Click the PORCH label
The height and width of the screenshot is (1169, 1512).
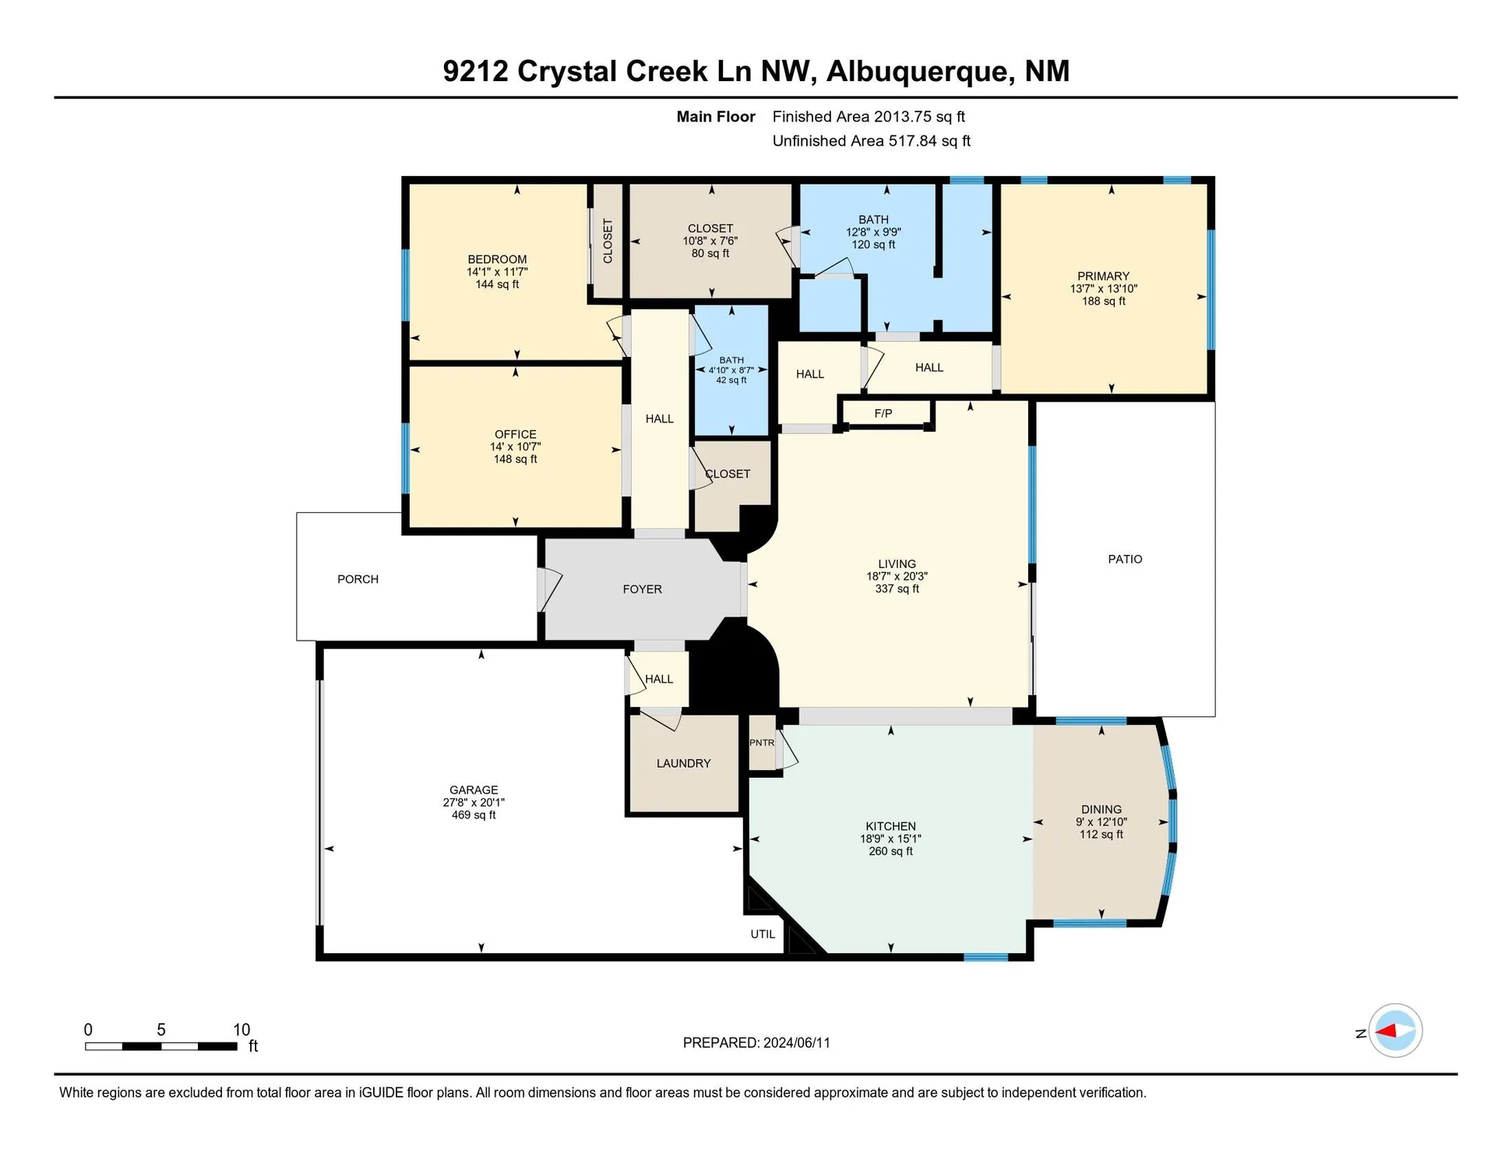pyautogui.click(x=358, y=579)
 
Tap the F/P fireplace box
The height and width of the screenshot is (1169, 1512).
pyautogui.click(x=883, y=414)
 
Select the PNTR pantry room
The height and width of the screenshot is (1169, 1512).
pyautogui.click(x=762, y=743)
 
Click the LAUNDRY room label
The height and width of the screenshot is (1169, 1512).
pyautogui.click(x=683, y=764)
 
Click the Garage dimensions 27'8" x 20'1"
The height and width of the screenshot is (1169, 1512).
pyautogui.click(x=474, y=802)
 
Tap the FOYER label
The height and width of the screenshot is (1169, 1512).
pyautogui.click(x=642, y=589)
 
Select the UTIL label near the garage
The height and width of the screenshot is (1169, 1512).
pyautogui.click(x=763, y=934)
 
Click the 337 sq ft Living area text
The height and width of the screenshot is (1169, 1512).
pyautogui.click(x=897, y=589)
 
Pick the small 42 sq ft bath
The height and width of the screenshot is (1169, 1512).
pyautogui.click(x=731, y=370)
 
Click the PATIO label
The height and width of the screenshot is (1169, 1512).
pyautogui.click(x=1125, y=559)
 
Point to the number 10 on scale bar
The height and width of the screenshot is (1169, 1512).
pyautogui.click(x=241, y=1029)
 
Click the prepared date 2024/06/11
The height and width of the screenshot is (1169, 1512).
pyautogui.click(x=796, y=1043)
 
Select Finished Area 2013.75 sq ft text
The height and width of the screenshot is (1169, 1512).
pyautogui.click(x=868, y=117)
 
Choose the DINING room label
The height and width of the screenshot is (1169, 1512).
pyautogui.click(x=1101, y=810)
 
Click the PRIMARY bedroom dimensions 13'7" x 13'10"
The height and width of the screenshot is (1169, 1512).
pyautogui.click(x=1103, y=288)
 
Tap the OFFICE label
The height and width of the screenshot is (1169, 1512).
pyautogui.click(x=515, y=434)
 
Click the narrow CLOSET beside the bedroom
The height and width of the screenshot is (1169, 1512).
pyautogui.click(x=608, y=241)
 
